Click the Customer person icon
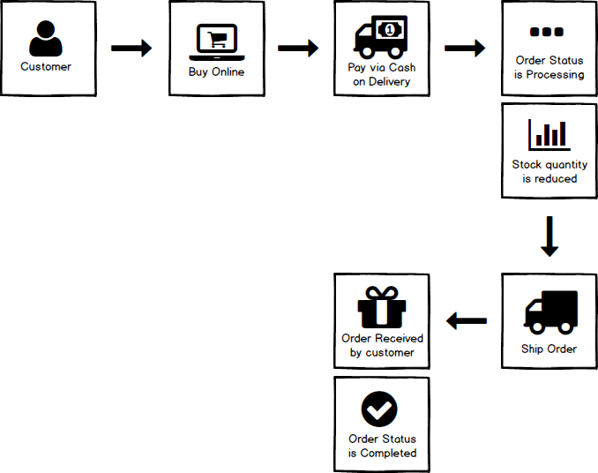[x=46, y=40]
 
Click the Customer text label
[x=46, y=67]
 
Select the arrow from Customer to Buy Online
[x=131, y=48]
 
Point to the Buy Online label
[x=216, y=72]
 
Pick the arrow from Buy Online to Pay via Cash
[x=298, y=48]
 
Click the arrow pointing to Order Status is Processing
[x=465, y=48]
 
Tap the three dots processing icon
[x=547, y=33]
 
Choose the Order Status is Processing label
[x=549, y=68]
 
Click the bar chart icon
[x=549, y=134]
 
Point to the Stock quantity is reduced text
[x=549, y=171]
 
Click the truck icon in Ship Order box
[x=550, y=312]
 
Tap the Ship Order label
[x=549, y=349]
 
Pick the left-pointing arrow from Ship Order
[x=467, y=321]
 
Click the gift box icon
[x=381, y=308]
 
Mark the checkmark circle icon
[x=380, y=409]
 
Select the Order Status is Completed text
[x=382, y=446]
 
